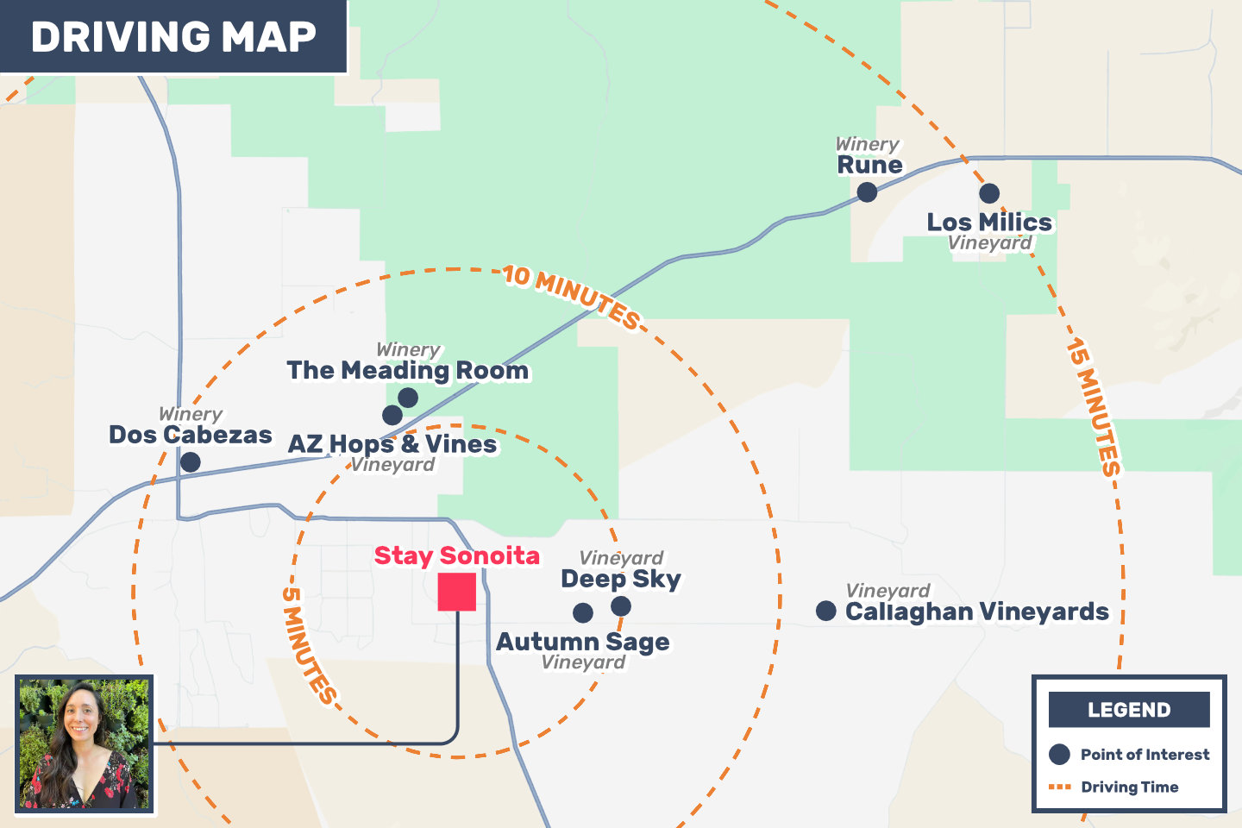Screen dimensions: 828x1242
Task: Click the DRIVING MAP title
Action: click(x=173, y=37)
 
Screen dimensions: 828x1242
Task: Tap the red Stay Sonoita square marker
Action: click(x=456, y=592)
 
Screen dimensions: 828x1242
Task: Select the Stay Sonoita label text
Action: click(x=456, y=555)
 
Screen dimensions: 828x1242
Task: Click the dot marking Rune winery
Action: click(x=867, y=191)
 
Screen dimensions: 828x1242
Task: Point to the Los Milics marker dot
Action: click(x=989, y=193)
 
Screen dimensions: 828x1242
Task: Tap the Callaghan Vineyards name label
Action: click(x=976, y=612)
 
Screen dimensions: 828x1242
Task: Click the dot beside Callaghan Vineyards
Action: click(x=825, y=611)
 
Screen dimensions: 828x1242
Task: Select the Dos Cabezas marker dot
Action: click(x=191, y=461)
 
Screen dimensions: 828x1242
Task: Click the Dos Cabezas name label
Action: click(x=191, y=435)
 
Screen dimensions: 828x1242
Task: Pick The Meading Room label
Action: click(x=408, y=370)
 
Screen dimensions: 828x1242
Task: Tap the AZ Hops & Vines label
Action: click(x=392, y=444)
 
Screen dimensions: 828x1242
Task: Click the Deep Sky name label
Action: click(x=621, y=579)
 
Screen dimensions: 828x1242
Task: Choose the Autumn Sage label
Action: click(x=583, y=642)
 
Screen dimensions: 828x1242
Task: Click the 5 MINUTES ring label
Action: click(x=308, y=644)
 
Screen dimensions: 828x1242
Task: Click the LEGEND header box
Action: click(x=1129, y=710)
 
